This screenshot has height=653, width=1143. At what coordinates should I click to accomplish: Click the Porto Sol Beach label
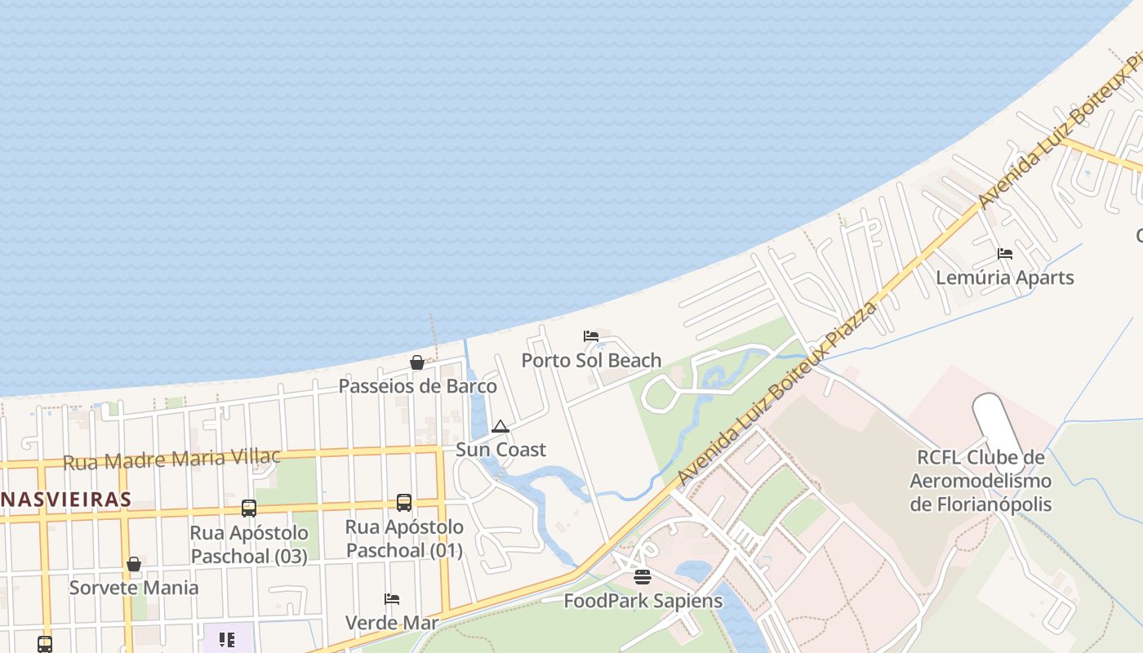(591, 360)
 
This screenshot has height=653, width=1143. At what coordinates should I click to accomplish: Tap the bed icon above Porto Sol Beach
(591, 336)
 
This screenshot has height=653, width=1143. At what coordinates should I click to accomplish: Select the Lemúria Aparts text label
(1004, 278)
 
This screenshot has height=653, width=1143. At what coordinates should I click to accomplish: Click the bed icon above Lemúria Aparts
(1005, 254)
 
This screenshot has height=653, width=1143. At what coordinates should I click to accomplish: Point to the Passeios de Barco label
(417, 386)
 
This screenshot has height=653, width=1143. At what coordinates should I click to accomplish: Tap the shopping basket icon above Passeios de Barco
(417, 362)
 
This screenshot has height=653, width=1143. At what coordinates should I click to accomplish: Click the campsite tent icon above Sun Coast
(500, 426)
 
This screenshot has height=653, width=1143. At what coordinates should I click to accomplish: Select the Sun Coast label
(500, 450)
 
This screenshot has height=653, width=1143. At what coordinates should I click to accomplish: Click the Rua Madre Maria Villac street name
(171, 460)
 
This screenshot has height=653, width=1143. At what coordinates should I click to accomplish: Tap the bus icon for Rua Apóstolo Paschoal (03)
(249, 509)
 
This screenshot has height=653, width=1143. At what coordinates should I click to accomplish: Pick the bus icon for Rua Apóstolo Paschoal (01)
(404, 503)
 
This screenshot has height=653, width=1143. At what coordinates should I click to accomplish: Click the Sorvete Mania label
(133, 588)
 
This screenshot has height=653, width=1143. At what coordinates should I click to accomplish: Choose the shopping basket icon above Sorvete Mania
(134, 564)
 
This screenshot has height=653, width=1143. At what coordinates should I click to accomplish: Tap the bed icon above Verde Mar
(392, 599)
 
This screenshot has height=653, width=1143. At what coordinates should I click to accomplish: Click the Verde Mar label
(392, 623)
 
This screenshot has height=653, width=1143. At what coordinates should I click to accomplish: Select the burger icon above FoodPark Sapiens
(643, 578)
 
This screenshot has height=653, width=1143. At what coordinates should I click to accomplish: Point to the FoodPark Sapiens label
(643, 602)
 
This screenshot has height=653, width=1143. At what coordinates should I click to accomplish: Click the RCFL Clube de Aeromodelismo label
(981, 481)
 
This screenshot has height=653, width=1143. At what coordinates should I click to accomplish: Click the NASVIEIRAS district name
(65, 500)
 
